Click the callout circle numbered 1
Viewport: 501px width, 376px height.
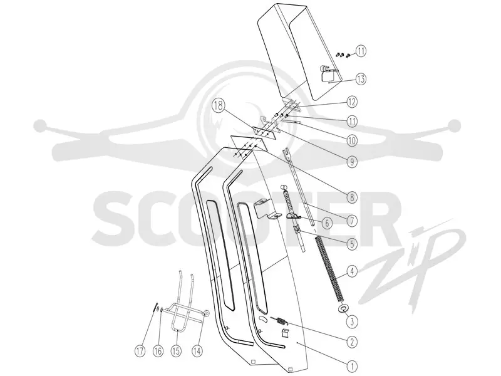(x=352, y=366)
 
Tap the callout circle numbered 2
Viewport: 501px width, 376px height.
(x=352, y=342)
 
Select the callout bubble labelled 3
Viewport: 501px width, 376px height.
(x=352, y=321)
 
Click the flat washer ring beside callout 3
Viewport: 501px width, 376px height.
(x=343, y=308)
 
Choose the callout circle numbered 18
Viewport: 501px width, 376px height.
(x=219, y=106)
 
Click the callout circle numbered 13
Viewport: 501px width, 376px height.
(x=361, y=79)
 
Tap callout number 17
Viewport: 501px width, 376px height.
(x=140, y=352)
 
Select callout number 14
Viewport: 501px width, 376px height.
(x=197, y=352)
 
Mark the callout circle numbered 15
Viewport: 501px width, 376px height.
(x=176, y=352)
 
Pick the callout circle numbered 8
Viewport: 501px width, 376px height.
(x=352, y=197)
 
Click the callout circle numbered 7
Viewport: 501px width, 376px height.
(x=352, y=221)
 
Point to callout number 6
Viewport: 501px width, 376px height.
(x=326, y=223)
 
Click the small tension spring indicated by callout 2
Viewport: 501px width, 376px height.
(x=280, y=321)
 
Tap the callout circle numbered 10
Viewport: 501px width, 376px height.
(x=352, y=140)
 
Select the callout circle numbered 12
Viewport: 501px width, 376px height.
(x=352, y=102)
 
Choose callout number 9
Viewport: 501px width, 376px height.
(x=352, y=162)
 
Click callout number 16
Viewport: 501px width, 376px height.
(x=158, y=352)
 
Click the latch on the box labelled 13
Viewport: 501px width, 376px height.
(x=328, y=73)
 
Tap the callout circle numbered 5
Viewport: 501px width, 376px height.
(x=352, y=244)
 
